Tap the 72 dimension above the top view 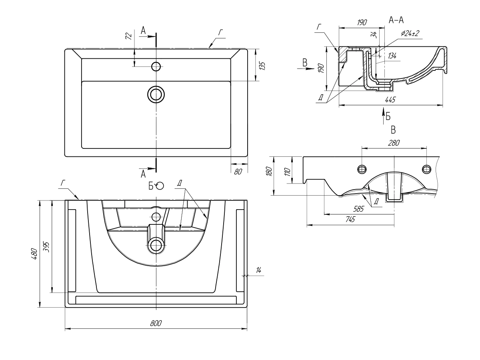tap(128, 36)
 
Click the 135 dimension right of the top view tap(262, 66)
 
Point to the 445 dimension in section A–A tap(390, 100)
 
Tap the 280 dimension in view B tap(394, 142)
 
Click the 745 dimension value tap(350, 219)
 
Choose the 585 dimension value tap(359, 209)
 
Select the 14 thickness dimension tap(258, 272)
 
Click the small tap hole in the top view tap(156, 66)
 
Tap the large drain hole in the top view tap(156, 94)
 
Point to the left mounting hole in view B tap(362, 169)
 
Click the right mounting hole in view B tap(426, 169)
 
